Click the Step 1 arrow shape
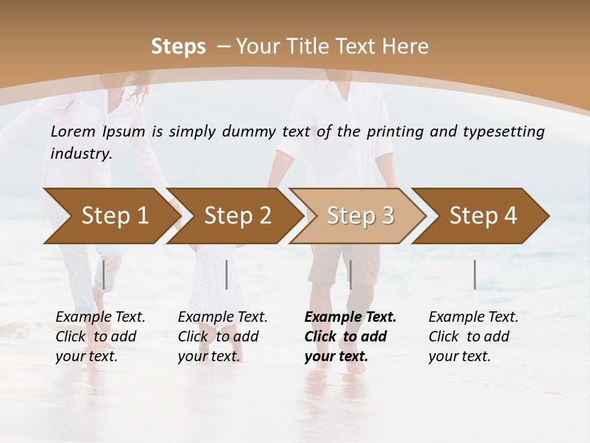111,216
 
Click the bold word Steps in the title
178,47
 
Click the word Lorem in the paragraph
73,131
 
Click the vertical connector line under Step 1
104,275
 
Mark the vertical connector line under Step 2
227,275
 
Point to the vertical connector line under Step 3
350,275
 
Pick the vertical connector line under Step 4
474,275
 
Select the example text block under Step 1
100,337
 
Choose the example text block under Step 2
222,337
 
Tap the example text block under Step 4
473,337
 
